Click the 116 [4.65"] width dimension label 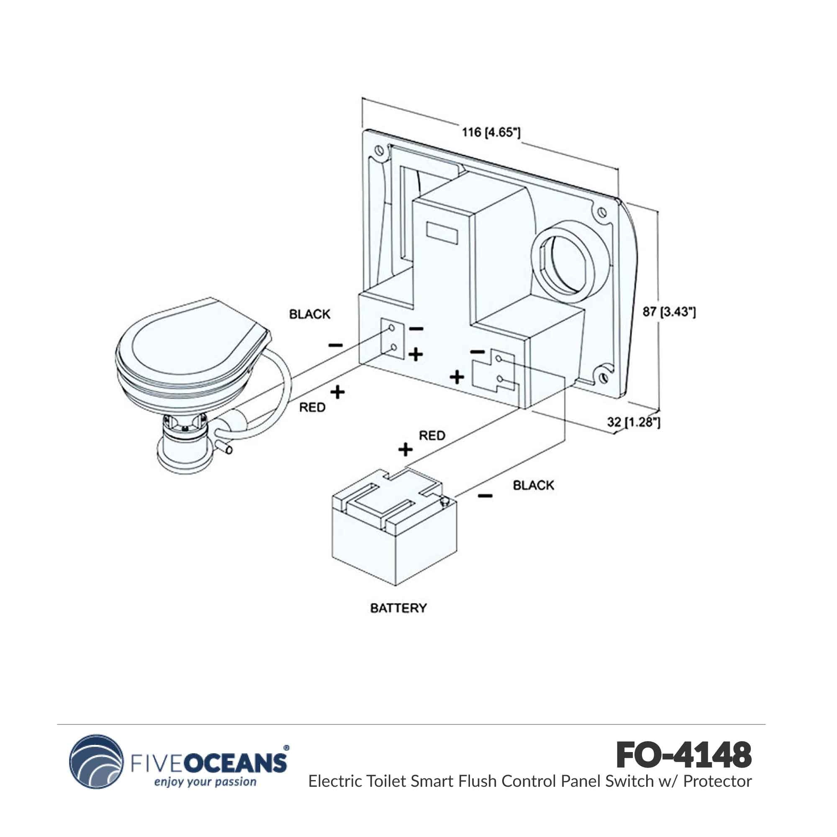pyautogui.click(x=490, y=132)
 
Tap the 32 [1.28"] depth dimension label pyautogui.click(x=633, y=421)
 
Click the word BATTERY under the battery pyautogui.click(x=398, y=608)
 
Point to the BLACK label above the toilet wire pyautogui.click(x=309, y=314)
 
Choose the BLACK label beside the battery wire pyautogui.click(x=533, y=485)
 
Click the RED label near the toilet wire pyautogui.click(x=312, y=407)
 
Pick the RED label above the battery pyautogui.click(x=432, y=435)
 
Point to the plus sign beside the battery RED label pyautogui.click(x=405, y=450)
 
